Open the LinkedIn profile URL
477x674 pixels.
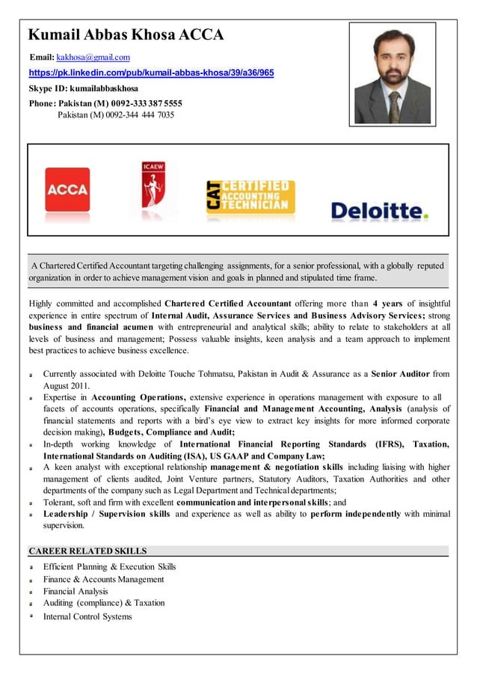click(151, 73)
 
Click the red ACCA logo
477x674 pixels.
click(67, 189)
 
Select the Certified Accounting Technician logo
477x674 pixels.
click(250, 196)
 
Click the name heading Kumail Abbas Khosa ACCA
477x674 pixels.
click(126, 34)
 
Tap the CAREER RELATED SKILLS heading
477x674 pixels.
click(87, 551)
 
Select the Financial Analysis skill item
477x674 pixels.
click(76, 591)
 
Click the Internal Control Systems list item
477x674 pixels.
click(87, 616)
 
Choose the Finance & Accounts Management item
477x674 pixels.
click(103, 579)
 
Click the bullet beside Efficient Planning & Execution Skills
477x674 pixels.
click(31, 568)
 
